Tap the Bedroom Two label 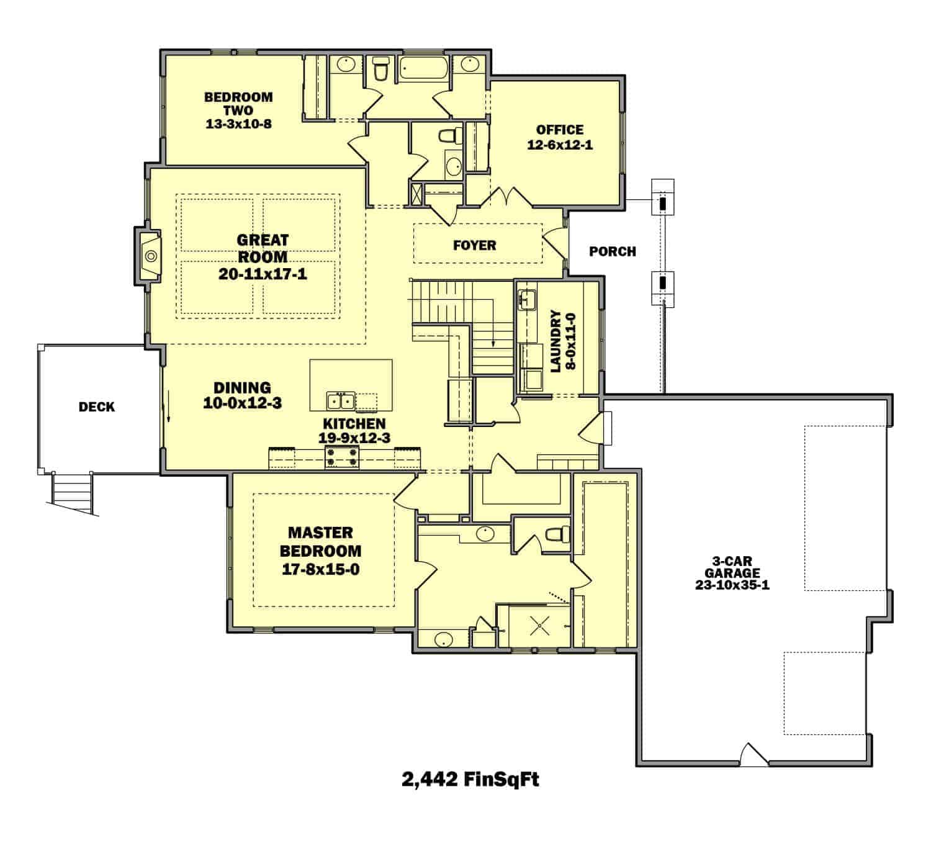[238, 104]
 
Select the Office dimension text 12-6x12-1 [560, 145]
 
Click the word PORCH [612, 251]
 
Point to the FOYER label [474, 245]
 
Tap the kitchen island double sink [341, 401]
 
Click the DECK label [97, 407]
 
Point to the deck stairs [72, 493]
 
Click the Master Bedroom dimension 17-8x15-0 [320, 569]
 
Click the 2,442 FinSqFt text [470, 779]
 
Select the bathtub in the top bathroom [422, 68]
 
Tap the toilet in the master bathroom [555, 534]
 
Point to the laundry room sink [528, 299]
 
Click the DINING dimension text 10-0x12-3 [242, 403]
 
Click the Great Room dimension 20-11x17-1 [263, 274]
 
